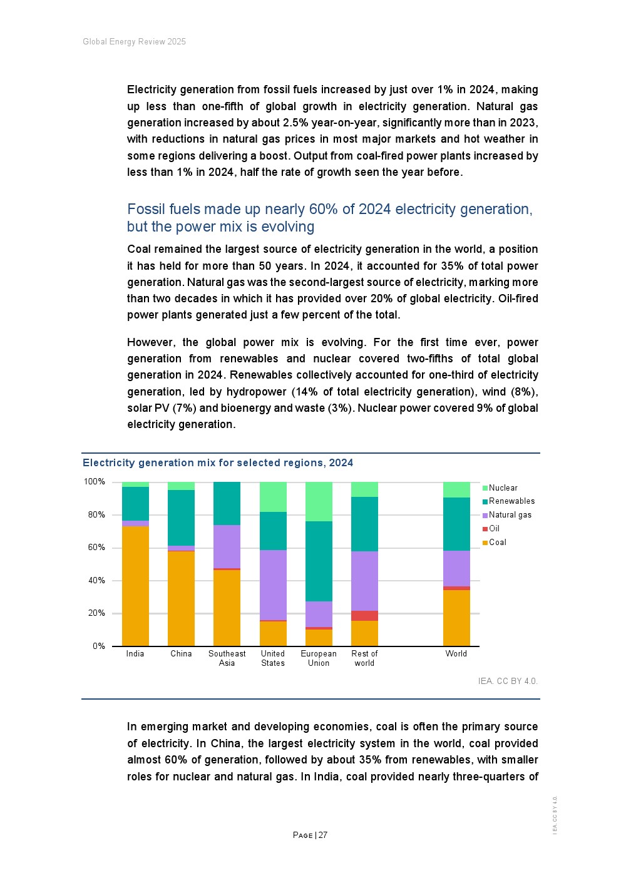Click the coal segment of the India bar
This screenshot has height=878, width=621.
point(135,586)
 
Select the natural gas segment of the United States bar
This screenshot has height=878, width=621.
point(273,585)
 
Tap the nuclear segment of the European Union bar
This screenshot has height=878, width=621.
point(319,501)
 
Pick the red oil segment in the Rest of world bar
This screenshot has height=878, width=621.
point(364,616)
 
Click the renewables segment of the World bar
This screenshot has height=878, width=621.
point(456,524)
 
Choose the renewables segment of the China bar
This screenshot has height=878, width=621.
point(181,518)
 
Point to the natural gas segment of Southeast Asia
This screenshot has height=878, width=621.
point(227,546)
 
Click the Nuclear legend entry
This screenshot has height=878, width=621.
point(503,488)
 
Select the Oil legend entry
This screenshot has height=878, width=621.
point(494,529)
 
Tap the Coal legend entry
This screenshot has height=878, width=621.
point(497,543)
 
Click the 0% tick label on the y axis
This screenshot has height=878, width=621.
point(98,646)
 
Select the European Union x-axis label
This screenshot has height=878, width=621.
point(319,658)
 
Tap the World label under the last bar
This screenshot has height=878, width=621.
point(456,654)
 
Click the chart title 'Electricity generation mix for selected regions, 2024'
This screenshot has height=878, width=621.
point(218,463)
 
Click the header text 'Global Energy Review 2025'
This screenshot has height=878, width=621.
point(134,42)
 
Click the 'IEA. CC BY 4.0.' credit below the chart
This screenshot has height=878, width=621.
point(508,681)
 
